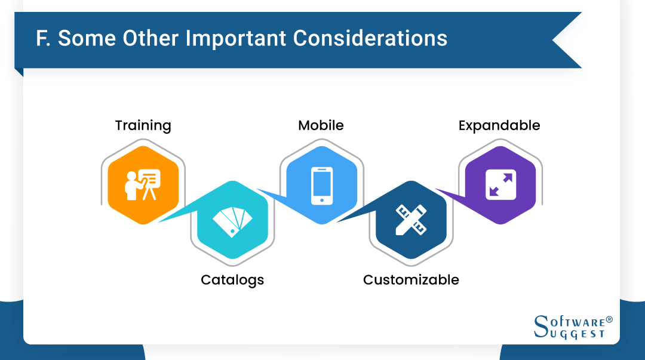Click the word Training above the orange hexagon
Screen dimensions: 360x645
coord(143,125)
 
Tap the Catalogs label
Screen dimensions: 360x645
coord(232,279)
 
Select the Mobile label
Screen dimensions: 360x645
coord(321,125)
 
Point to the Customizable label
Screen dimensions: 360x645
coord(411,279)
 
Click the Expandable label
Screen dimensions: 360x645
coord(499,125)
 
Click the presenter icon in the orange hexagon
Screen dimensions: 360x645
coord(143,184)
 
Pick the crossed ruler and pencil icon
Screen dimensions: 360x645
coord(411,220)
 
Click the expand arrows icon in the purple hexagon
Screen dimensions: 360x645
coord(500,184)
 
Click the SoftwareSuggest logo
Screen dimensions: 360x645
coord(572,327)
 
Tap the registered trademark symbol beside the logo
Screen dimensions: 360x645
coord(609,319)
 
